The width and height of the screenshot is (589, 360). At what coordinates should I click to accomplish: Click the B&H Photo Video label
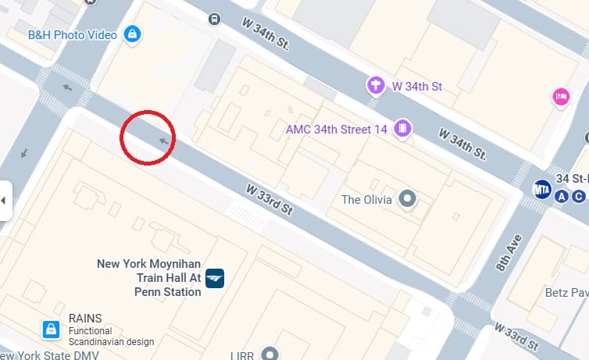pyautogui.click(x=72, y=35)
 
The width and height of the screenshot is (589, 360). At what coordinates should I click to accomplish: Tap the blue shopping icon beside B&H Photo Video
pyautogui.click(x=133, y=34)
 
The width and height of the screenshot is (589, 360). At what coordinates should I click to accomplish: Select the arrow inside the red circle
pyautogui.click(x=163, y=141)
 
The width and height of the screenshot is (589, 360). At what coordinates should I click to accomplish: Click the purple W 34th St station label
pyautogui.click(x=416, y=85)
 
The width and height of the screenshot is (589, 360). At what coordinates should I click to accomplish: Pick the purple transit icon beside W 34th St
pyautogui.click(x=376, y=84)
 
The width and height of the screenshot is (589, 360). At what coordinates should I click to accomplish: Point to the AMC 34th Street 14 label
pyautogui.click(x=336, y=129)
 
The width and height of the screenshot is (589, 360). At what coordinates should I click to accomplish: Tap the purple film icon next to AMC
pyautogui.click(x=402, y=128)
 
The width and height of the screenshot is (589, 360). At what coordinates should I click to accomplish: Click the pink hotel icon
pyautogui.click(x=560, y=97)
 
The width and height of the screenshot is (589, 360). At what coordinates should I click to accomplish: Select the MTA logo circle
pyautogui.click(x=541, y=190)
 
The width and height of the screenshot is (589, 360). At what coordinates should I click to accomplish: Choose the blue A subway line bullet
pyautogui.click(x=562, y=196)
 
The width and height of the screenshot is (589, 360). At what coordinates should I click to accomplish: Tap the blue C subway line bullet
pyautogui.click(x=579, y=196)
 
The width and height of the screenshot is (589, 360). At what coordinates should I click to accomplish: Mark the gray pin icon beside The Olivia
pyautogui.click(x=406, y=199)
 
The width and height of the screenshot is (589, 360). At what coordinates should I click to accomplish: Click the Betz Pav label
pyautogui.click(x=566, y=293)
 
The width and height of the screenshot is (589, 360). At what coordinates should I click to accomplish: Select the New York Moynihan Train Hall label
pyautogui.click(x=149, y=277)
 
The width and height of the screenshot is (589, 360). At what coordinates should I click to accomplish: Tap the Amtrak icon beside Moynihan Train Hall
pyautogui.click(x=215, y=277)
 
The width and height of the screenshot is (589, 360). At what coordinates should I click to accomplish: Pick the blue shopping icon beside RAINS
pyautogui.click(x=50, y=330)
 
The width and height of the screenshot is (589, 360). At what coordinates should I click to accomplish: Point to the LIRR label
pyautogui.click(x=242, y=355)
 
